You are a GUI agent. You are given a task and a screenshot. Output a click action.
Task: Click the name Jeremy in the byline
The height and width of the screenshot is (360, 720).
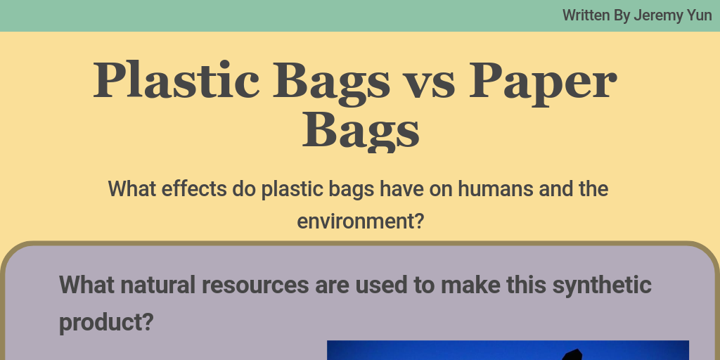(659, 15)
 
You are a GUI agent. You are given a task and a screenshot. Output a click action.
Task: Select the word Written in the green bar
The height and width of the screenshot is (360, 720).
(586, 15)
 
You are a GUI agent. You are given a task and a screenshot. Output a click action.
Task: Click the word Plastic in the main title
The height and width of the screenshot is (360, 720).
(174, 79)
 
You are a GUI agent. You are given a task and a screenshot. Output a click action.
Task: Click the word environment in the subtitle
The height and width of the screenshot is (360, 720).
(356, 221)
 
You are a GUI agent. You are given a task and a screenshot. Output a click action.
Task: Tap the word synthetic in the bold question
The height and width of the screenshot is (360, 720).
(602, 285)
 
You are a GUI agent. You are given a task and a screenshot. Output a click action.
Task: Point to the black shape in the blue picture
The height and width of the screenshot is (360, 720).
(573, 354)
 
